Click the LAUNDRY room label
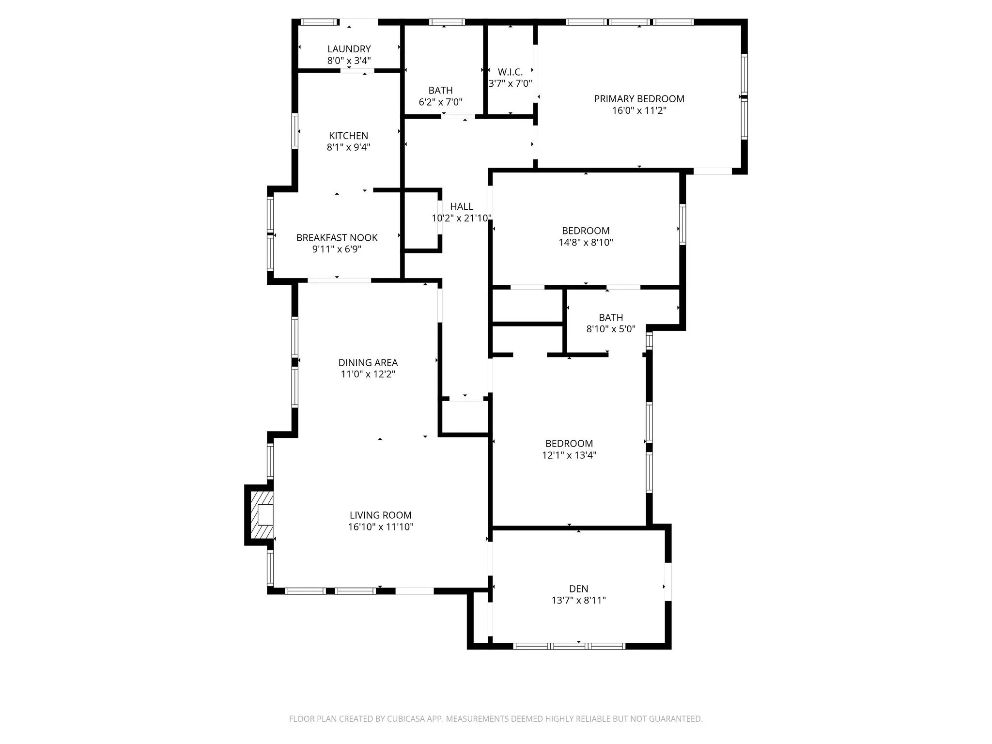tap(349, 49)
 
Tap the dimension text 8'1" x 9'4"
tap(348, 147)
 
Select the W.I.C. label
tap(510, 72)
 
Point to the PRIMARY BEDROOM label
tap(639, 99)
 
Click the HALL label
tap(461, 207)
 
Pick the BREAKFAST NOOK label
tap(337, 238)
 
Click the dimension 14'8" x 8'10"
tap(586, 242)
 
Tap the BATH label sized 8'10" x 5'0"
tap(610, 318)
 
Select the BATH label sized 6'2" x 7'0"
tap(440, 91)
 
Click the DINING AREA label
tap(368, 363)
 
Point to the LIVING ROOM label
tap(380, 515)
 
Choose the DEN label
tap(578, 589)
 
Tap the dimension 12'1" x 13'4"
tap(569, 455)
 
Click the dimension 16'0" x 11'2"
tap(639, 110)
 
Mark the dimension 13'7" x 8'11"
tap(578, 601)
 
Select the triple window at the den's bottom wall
tap(569, 646)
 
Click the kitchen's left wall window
tap(294, 131)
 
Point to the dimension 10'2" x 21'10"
tap(461, 218)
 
